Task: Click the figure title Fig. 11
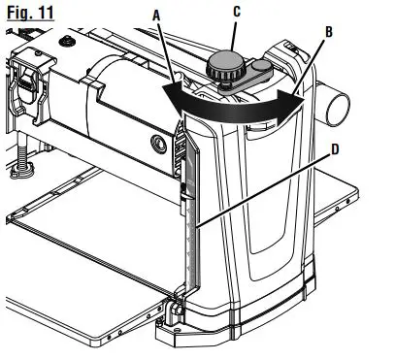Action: click(x=30, y=14)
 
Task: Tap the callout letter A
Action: click(x=156, y=16)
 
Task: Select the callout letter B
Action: click(x=329, y=32)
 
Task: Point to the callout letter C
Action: click(x=237, y=12)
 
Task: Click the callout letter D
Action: click(x=335, y=149)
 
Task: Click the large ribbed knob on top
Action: click(x=226, y=68)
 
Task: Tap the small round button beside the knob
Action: click(x=261, y=66)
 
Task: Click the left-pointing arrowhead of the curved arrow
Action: click(x=174, y=97)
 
